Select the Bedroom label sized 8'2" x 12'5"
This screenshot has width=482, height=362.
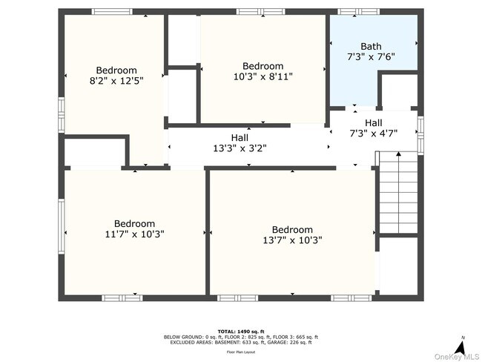point(116,70)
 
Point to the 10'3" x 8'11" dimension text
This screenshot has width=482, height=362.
point(263,76)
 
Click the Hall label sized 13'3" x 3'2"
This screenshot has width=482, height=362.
point(240,137)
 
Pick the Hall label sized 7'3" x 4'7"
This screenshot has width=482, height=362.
point(374,123)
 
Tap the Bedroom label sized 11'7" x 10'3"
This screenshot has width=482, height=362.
point(134,223)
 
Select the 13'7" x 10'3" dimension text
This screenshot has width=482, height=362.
point(292,240)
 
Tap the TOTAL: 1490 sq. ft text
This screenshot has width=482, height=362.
point(241,331)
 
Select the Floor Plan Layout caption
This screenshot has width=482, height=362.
point(241,353)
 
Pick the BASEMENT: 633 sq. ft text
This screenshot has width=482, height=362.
point(242,342)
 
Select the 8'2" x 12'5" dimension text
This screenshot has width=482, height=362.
point(116,81)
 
